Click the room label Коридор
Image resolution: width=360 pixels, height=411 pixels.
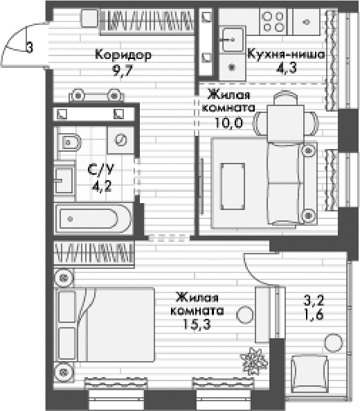pos(123,54)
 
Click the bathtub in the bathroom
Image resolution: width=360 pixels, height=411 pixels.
pos(94,220)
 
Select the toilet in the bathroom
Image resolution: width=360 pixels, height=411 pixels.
pos(69,143)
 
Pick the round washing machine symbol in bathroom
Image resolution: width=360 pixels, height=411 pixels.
pos(120,140)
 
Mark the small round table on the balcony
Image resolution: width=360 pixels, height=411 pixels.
pos(334,342)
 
